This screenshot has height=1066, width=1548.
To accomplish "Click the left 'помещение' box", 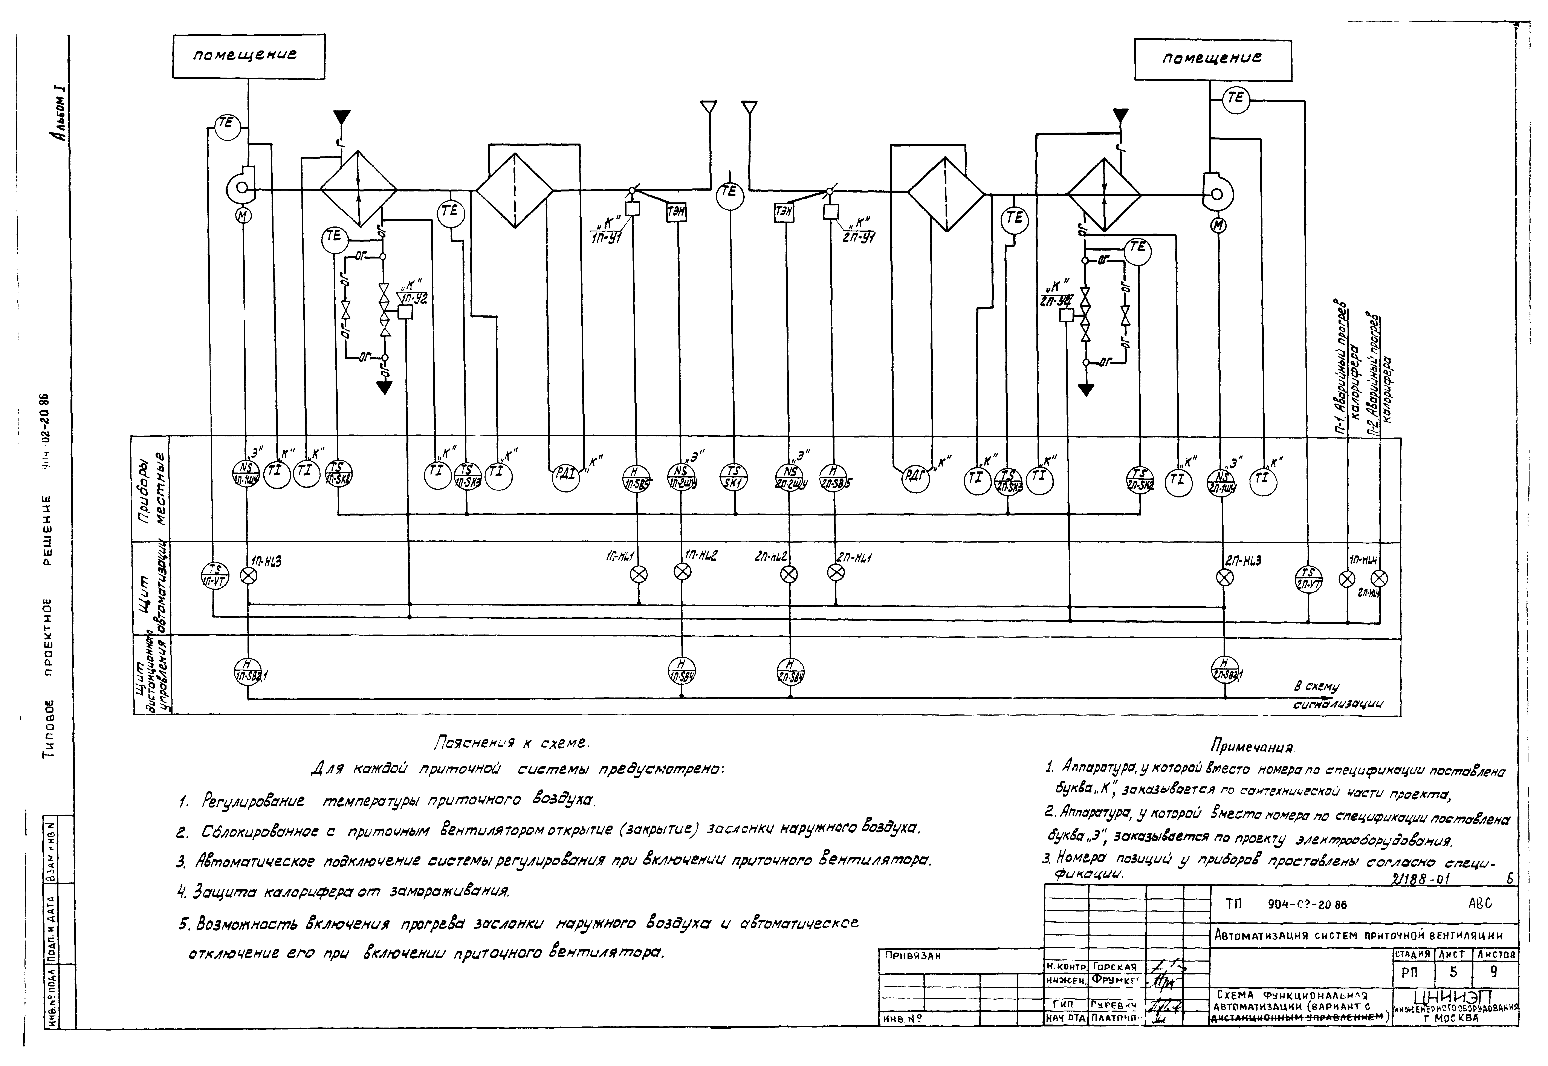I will [x=248, y=57].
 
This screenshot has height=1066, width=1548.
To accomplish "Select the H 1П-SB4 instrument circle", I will [x=682, y=671].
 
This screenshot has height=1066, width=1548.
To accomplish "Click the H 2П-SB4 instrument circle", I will [x=790, y=671].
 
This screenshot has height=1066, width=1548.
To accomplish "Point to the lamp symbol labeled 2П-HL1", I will [x=835, y=572].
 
